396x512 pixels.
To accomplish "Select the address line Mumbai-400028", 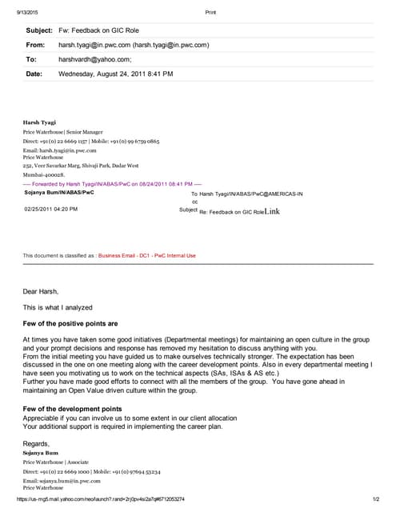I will pyautogui.click(x=45, y=172).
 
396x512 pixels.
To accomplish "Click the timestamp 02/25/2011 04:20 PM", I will pyautogui.click(x=50, y=209).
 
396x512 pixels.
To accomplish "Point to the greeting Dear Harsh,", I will pyautogui.click(x=41, y=291).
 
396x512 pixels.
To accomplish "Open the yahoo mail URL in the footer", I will pyautogui.click(x=95, y=499).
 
